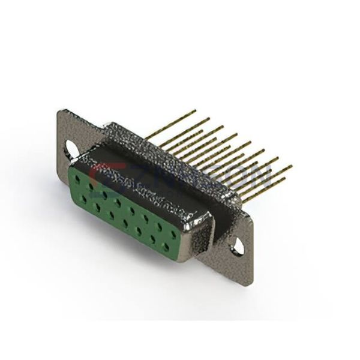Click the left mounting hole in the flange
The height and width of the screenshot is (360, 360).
(x=71, y=147)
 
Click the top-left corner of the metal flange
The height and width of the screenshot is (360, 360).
(x=60, y=111)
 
